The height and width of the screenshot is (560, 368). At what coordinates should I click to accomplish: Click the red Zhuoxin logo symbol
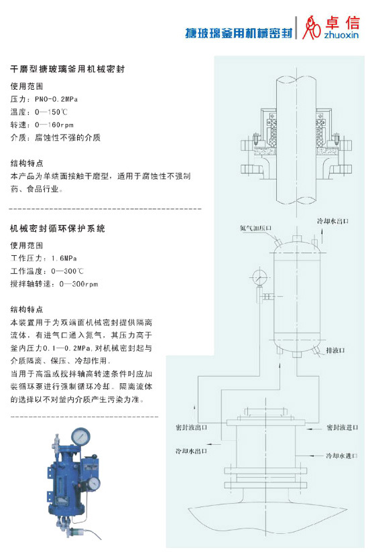[x=311, y=28]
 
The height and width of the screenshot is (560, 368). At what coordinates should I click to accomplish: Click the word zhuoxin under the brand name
[x=342, y=35]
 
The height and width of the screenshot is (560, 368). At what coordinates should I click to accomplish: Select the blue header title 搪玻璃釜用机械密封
[x=239, y=33]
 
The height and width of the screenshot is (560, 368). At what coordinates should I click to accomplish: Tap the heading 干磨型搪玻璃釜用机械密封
[x=67, y=68]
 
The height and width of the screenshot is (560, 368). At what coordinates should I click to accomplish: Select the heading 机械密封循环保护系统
[x=58, y=228]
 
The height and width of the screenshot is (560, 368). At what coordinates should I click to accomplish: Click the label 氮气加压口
[x=255, y=228]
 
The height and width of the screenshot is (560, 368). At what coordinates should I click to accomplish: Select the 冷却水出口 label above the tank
[x=332, y=221]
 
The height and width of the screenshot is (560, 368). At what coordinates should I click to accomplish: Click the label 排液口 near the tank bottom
[x=335, y=350]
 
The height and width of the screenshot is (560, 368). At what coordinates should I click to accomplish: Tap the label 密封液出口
[x=192, y=427]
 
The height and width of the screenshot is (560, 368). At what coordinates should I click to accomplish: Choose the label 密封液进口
[x=343, y=427]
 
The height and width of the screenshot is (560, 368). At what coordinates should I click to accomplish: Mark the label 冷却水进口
[x=342, y=456]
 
